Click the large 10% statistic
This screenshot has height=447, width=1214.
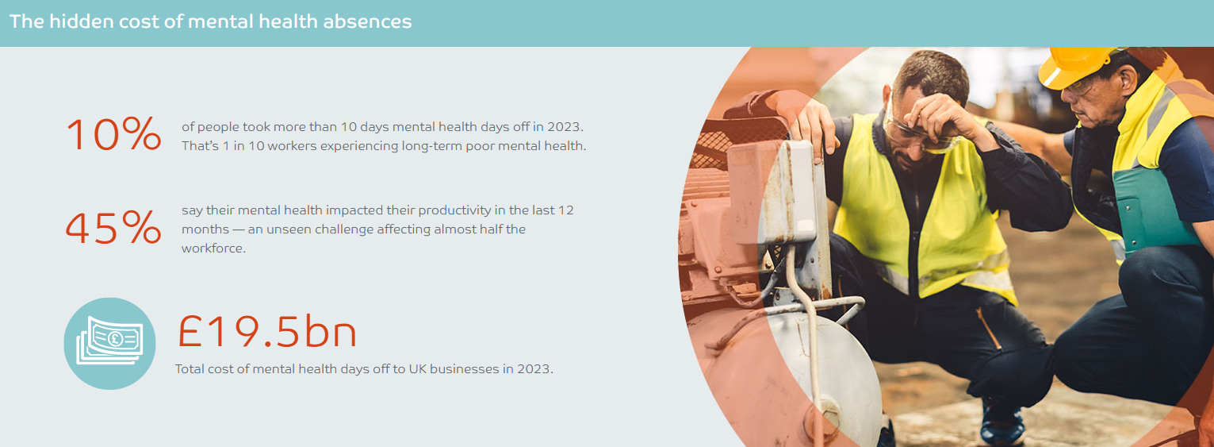(114, 134)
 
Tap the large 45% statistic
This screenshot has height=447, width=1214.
(113, 227)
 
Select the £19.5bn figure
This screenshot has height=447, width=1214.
(267, 331)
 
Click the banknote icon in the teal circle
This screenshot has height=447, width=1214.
(110, 341)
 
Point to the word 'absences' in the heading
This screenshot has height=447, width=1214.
(367, 21)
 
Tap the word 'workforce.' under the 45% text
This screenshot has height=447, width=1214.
(213, 249)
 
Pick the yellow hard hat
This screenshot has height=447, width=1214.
(1076, 65)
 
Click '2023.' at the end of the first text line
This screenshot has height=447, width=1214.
(565, 127)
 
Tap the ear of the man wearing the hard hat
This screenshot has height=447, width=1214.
(1126, 80)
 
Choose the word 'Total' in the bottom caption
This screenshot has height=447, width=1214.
(190, 369)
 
